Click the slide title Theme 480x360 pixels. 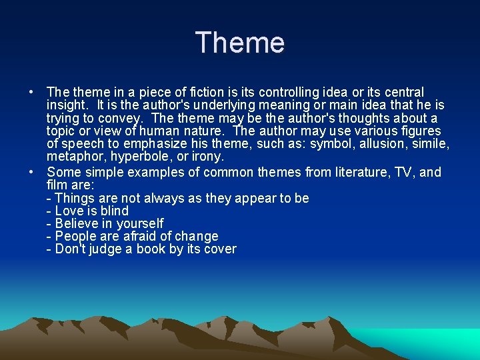[x=240, y=43]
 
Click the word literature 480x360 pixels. [x=345, y=173]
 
